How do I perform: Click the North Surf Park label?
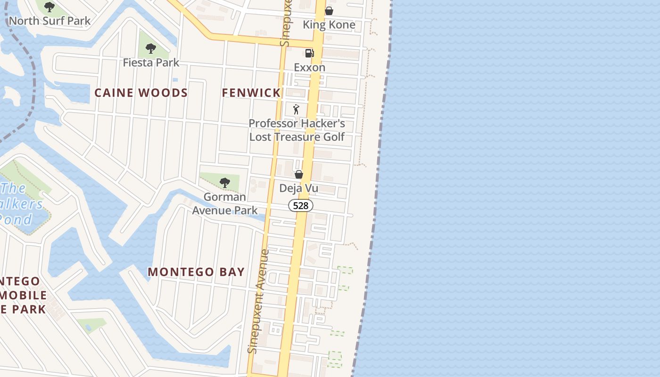(x=49, y=21)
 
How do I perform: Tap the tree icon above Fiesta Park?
(x=151, y=48)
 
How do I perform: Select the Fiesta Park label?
(x=151, y=63)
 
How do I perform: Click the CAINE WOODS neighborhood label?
(x=141, y=93)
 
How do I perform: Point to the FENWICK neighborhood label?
(x=251, y=93)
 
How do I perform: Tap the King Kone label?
(x=329, y=25)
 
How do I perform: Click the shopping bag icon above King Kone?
(x=329, y=11)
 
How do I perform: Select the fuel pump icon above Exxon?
(x=309, y=53)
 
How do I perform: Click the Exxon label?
(x=309, y=67)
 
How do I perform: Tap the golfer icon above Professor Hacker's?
(x=296, y=109)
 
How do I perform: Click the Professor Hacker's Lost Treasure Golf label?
(x=297, y=130)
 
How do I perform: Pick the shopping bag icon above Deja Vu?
(x=298, y=174)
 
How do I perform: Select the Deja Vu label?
(x=298, y=188)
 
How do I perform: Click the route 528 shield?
(x=301, y=205)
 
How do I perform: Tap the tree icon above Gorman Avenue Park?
(x=225, y=182)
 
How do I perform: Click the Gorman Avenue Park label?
(x=225, y=204)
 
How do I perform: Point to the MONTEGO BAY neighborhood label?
(x=196, y=272)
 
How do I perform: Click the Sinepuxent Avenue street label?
(x=259, y=302)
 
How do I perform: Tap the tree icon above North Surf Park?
(x=49, y=7)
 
